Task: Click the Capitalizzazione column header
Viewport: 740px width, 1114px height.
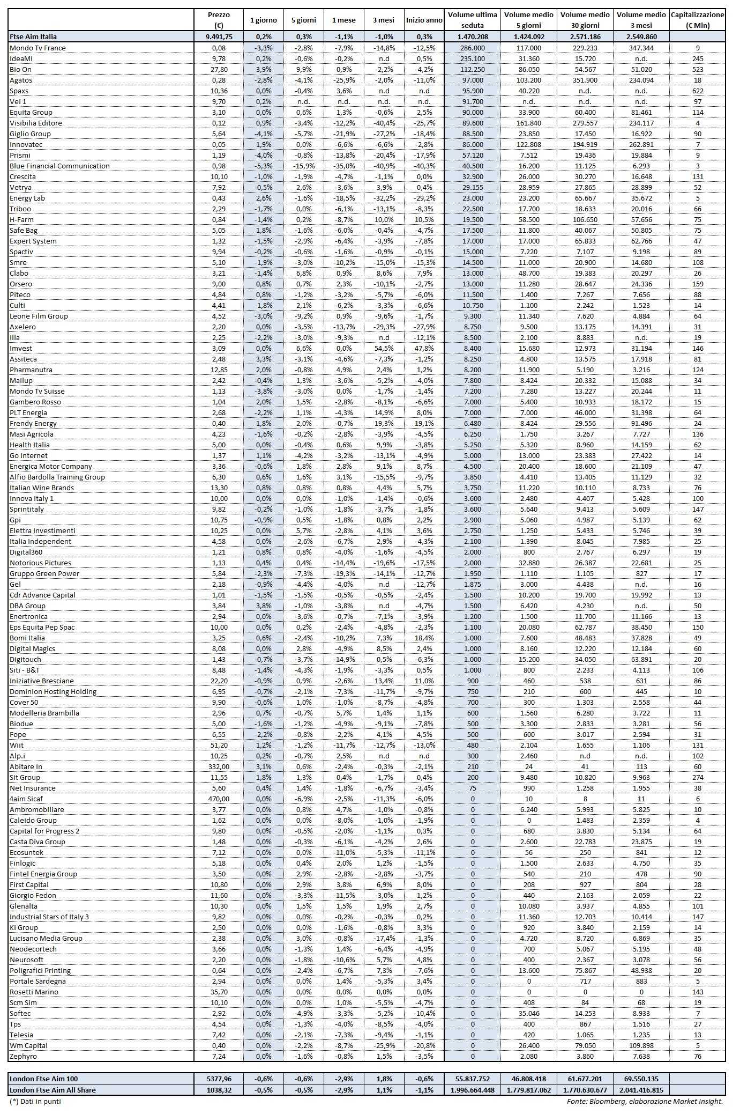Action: tap(697, 20)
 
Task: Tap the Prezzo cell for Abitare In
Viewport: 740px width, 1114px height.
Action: tap(218, 766)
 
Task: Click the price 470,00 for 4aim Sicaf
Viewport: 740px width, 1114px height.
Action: tap(218, 799)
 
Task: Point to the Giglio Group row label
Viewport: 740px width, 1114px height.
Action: tap(30, 134)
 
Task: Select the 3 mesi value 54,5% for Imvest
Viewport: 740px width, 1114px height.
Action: tap(384, 348)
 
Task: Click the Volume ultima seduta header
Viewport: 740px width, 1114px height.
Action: tap(472, 20)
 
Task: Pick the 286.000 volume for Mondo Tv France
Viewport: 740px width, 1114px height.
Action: tap(472, 48)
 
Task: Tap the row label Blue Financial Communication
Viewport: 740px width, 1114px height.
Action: tap(59, 166)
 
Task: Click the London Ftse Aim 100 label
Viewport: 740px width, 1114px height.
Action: tap(43, 1079)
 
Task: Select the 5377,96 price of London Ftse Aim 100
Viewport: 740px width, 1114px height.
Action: tap(218, 1079)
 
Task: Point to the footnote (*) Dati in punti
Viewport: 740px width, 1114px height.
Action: tap(35, 1101)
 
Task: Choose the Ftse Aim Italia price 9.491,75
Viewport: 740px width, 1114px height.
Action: tap(218, 37)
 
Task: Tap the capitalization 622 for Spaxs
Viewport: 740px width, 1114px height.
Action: tap(697, 91)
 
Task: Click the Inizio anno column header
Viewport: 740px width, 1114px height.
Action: tap(424, 20)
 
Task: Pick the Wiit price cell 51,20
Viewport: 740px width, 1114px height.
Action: tap(218, 745)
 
